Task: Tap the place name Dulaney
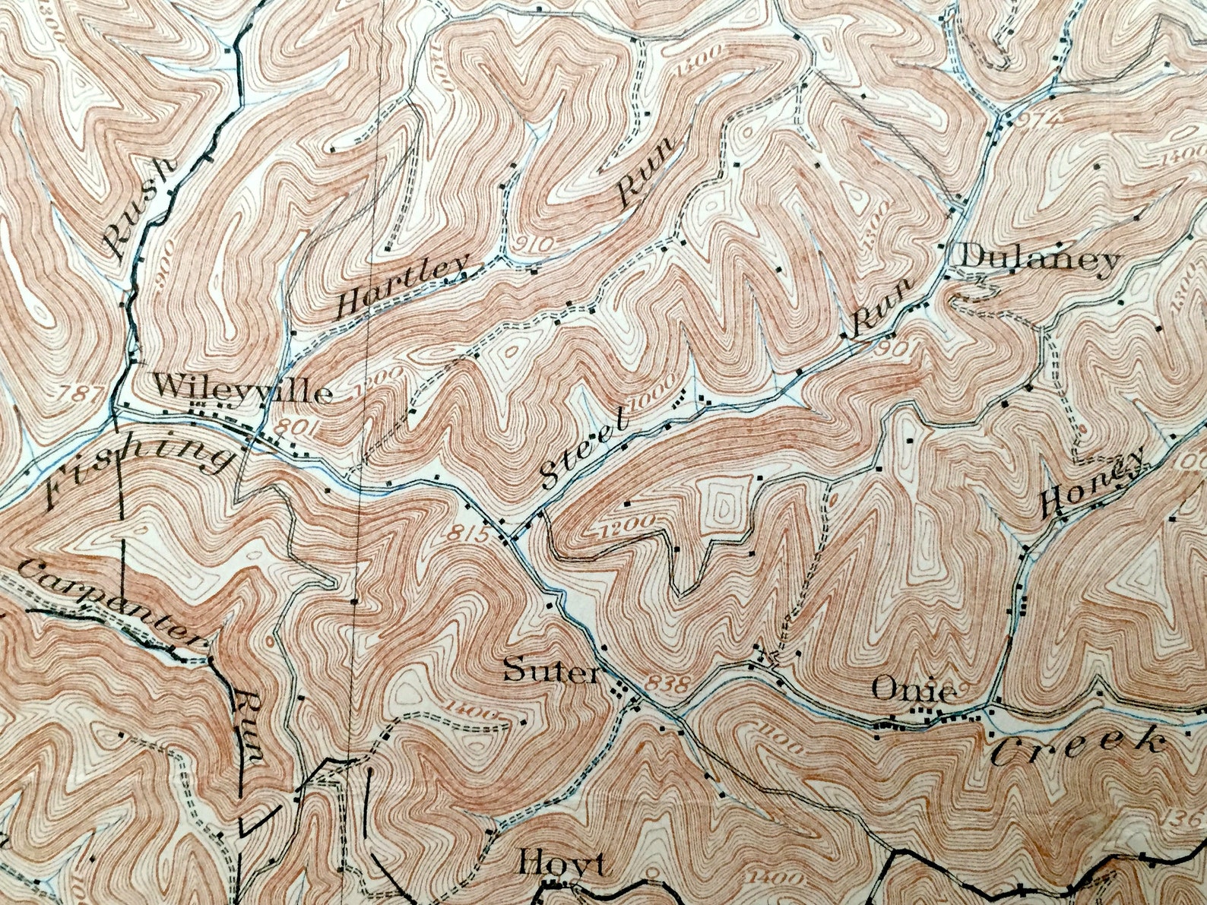coord(1040,260)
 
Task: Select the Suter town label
coord(551,672)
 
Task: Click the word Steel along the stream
coord(584,449)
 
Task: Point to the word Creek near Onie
coord(1078,744)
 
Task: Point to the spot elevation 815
coord(462,534)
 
